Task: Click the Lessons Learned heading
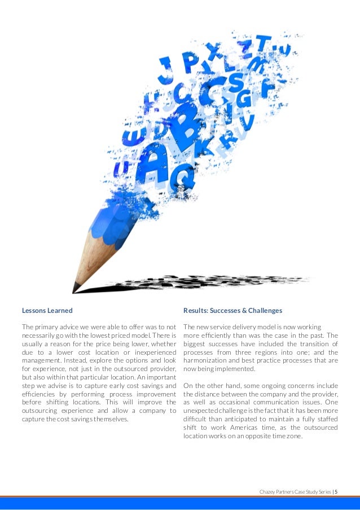pos(47,311)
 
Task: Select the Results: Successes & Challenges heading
pos(233,311)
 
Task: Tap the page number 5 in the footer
pos(336,491)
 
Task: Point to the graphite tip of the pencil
pos(75,289)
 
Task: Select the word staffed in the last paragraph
pos(326,419)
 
